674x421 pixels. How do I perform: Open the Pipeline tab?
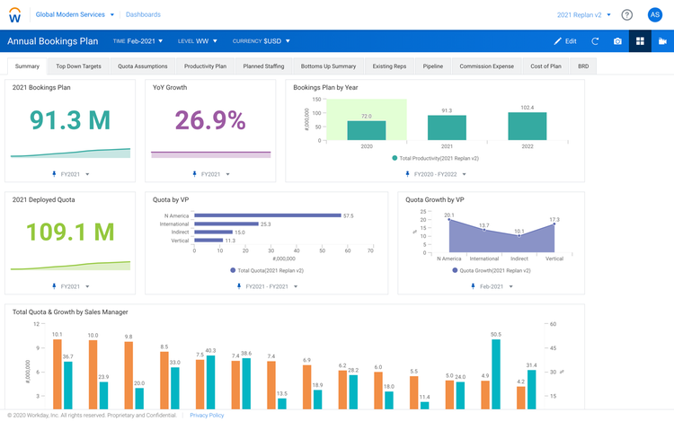click(432, 66)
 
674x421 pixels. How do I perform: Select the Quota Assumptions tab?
click(142, 66)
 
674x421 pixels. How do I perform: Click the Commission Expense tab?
click(486, 66)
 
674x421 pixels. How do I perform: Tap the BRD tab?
click(582, 66)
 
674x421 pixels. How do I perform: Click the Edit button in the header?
click(564, 41)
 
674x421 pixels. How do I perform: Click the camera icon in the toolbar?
click(617, 41)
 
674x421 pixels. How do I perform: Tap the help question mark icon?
click(626, 15)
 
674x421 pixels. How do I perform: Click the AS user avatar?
click(654, 15)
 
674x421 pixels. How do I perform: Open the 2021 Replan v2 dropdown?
click(584, 15)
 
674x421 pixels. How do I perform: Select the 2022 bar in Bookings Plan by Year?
click(527, 126)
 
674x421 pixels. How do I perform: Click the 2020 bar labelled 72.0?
click(366, 131)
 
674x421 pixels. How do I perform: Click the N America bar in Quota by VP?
click(267, 215)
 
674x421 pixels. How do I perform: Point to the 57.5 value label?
click(349, 215)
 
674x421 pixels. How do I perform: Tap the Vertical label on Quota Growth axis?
click(554, 259)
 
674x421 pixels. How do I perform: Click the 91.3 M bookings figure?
click(69, 120)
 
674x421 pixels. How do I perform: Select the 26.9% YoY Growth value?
click(210, 120)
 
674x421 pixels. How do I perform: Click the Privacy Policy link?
click(207, 415)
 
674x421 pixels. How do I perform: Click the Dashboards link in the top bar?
click(143, 15)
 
